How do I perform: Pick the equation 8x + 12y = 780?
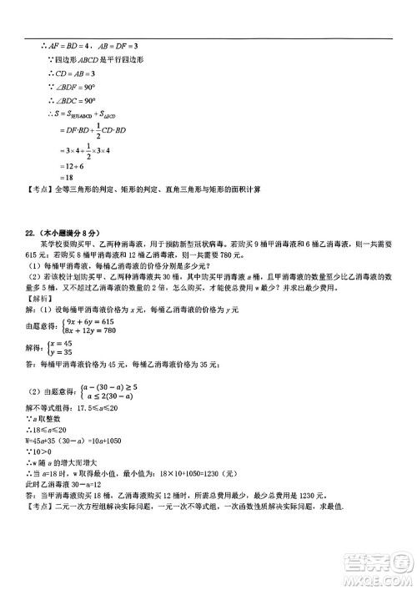pyautogui.click(x=101, y=330)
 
